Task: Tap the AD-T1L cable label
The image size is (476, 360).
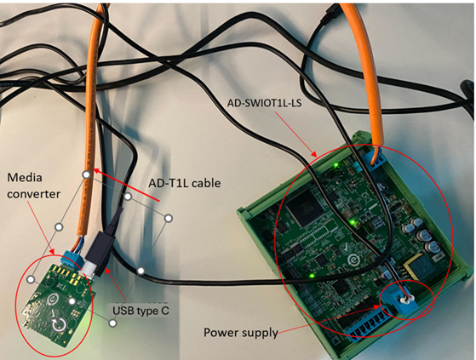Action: [x=186, y=183]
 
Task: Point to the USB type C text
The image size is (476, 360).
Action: [x=141, y=311]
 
